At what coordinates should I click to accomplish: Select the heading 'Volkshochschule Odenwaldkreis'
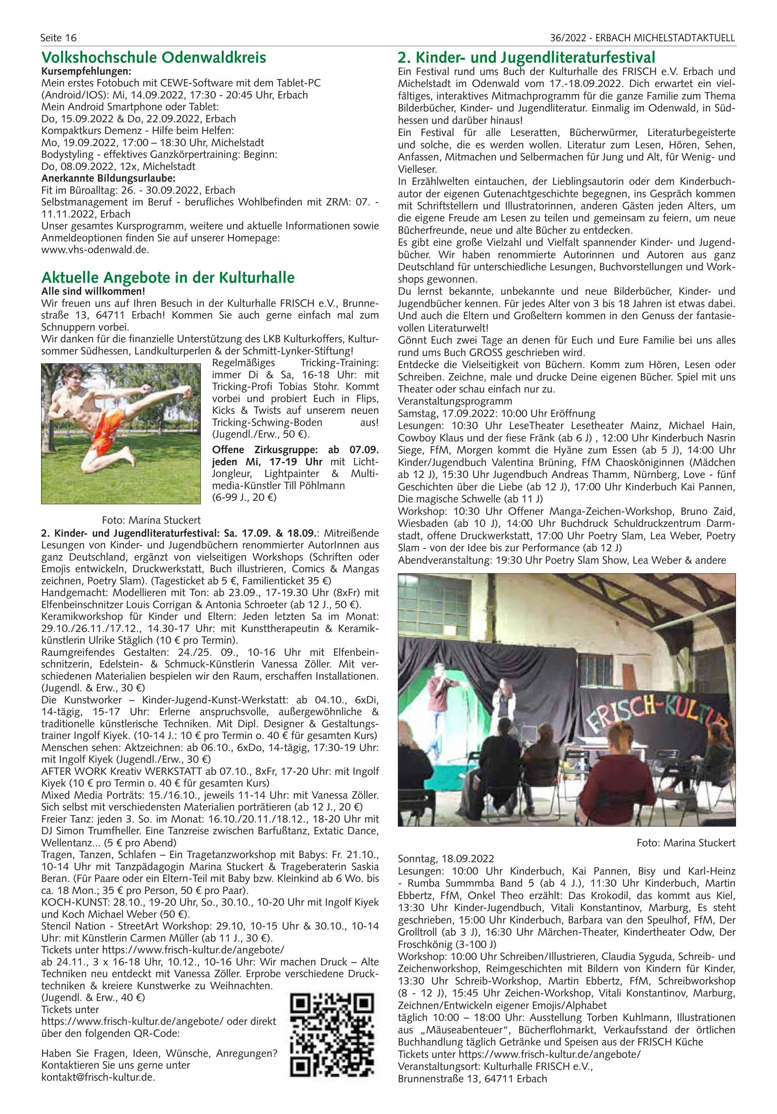pos(153,58)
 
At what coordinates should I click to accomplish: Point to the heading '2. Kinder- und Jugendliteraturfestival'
pos(526,58)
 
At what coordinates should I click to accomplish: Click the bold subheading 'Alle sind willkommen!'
pos(93,292)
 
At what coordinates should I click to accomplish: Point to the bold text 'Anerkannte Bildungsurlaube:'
pos(101,178)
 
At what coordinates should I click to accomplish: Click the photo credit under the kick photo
pos(151,520)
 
